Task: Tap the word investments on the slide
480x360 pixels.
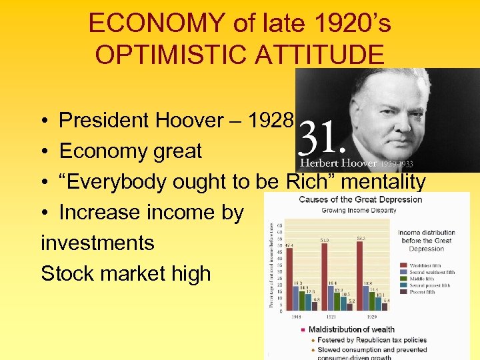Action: (x=97, y=243)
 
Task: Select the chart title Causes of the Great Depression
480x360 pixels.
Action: (x=361, y=199)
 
